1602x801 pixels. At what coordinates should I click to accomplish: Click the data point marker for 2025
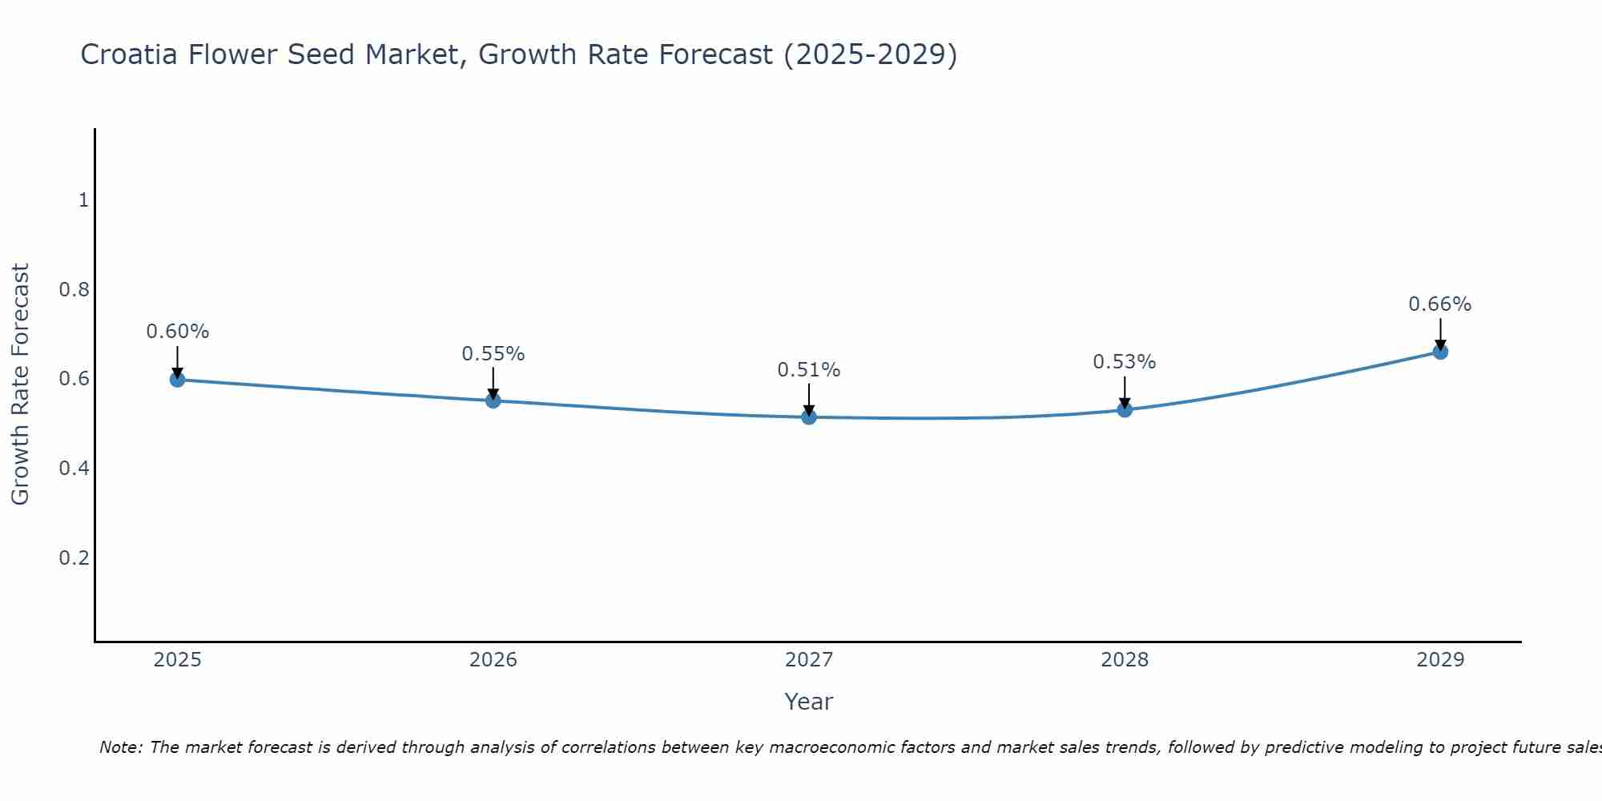(x=178, y=380)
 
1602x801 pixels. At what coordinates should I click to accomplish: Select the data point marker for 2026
(x=493, y=400)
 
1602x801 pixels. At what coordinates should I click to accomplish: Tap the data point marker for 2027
(x=809, y=417)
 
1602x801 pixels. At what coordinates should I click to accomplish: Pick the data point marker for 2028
(x=1125, y=410)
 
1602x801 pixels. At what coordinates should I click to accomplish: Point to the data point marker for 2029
(x=1440, y=352)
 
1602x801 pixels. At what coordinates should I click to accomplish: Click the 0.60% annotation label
(x=178, y=332)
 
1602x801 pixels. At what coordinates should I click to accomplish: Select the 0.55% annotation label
(x=493, y=354)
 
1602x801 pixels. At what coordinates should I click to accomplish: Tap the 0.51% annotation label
(x=809, y=370)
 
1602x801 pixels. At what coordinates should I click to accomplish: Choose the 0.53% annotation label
(x=1125, y=362)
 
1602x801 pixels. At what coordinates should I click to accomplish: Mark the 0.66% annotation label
(x=1440, y=304)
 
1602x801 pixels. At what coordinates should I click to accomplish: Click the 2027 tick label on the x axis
(x=809, y=660)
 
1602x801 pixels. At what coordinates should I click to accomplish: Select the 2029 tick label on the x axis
(x=1440, y=660)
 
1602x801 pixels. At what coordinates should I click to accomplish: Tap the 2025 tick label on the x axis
(x=178, y=660)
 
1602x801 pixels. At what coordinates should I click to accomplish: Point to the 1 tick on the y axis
(x=83, y=200)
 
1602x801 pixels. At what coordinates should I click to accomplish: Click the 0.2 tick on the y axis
(x=74, y=558)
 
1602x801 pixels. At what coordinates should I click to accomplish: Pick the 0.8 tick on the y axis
(x=74, y=290)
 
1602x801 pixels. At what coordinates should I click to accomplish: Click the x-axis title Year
(x=809, y=702)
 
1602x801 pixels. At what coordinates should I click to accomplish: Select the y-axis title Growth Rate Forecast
(x=21, y=384)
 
